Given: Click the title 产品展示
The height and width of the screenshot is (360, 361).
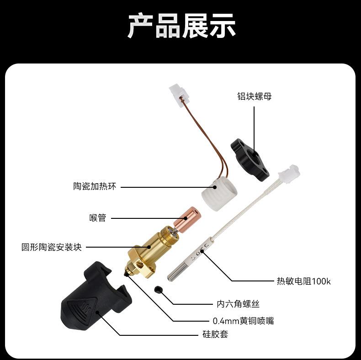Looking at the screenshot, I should point(181,26).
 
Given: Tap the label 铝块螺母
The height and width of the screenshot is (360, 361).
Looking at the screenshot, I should point(255,97).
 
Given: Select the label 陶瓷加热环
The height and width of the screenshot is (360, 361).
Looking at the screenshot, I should point(95,187).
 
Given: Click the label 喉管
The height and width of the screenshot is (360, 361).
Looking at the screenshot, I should point(97,218).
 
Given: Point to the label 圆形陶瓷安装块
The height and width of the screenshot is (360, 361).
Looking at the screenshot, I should point(52,247).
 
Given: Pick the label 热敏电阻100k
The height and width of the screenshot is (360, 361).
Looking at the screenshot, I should point(303,281).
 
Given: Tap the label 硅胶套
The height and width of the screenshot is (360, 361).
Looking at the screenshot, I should point(215,334).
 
